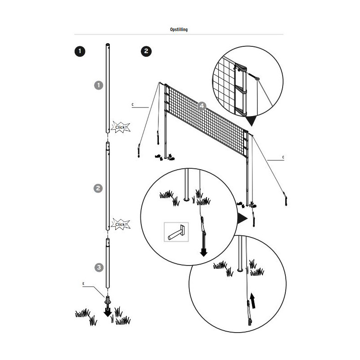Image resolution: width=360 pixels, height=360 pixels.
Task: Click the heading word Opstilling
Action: pos(179,30)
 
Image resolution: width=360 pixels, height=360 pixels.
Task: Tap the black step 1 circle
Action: pos(80,51)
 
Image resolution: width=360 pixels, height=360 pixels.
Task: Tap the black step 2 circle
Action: pos(146,51)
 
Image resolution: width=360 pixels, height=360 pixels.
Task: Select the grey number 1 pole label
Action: pos(99,85)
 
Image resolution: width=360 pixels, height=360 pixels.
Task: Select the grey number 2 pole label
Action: pos(98,189)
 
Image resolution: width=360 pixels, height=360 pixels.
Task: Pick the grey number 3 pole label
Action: pos(99,267)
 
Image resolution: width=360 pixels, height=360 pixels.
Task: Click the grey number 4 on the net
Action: pos(202,106)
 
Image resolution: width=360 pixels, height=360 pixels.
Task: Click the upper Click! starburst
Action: pos(121,127)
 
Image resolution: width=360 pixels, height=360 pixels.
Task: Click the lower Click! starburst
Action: pos(121,224)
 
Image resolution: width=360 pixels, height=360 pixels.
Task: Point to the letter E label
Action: pos(83,284)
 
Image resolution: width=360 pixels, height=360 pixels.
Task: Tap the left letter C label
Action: pos(132,105)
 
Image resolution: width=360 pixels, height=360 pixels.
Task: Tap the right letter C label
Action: pos(283,157)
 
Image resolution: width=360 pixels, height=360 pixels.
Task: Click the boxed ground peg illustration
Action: pos(176,232)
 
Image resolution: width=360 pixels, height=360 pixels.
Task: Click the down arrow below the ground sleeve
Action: pos(108,312)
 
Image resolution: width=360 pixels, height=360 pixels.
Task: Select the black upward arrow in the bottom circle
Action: pos(253,301)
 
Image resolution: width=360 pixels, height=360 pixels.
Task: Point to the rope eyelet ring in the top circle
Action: pos(257,79)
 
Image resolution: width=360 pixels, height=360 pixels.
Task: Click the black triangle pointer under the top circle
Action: pos(251,121)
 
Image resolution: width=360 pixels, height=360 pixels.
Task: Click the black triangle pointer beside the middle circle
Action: pos(242,218)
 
